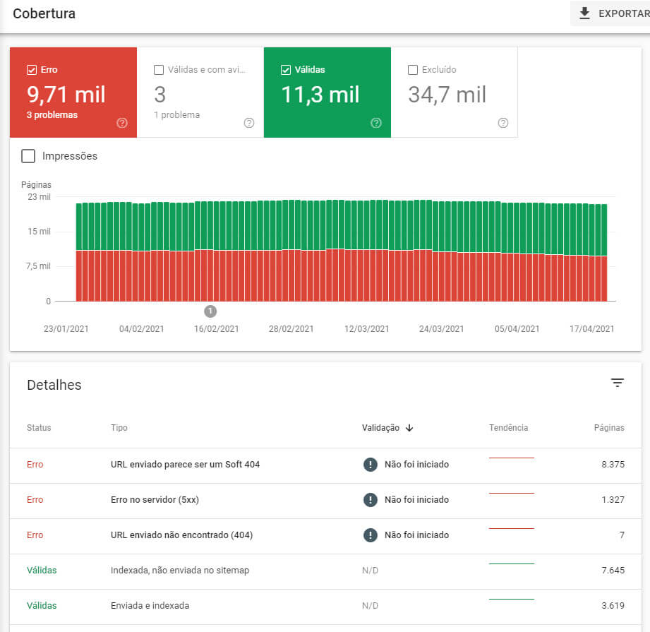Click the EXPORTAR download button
tap(611, 13)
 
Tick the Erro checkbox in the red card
tap(31, 70)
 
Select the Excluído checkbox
tap(413, 70)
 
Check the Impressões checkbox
tap(28, 156)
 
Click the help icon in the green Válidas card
tap(376, 123)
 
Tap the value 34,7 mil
tap(447, 95)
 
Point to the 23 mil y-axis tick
tap(39, 197)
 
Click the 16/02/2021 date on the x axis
tap(216, 329)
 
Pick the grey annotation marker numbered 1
tap(210, 311)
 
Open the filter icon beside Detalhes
tap(618, 383)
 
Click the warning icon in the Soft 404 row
tap(371, 465)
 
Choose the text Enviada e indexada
tap(150, 606)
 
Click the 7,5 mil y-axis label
tap(38, 266)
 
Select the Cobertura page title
tap(44, 13)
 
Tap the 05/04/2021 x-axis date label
tap(517, 329)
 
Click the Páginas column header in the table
tap(609, 428)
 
